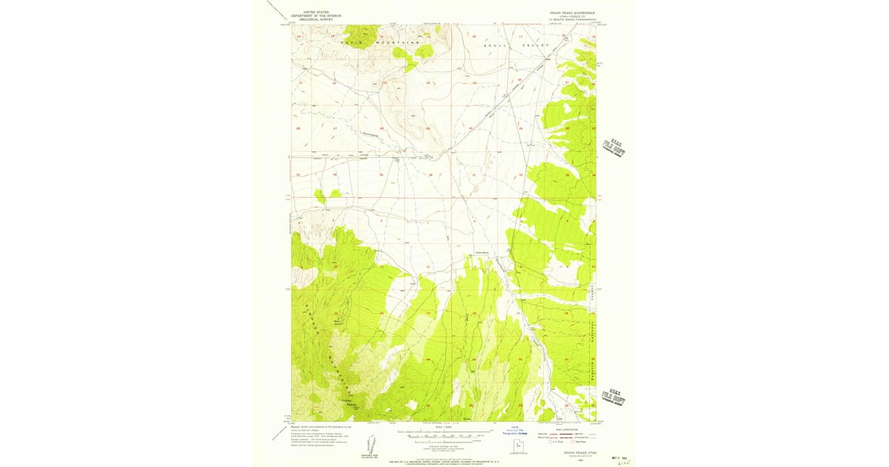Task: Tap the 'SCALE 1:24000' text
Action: pyautogui.click(x=442, y=428)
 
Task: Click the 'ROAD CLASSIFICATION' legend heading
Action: pyautogui.click(x=565, y=428)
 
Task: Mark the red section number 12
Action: pyautogui.click(x=427, y=265)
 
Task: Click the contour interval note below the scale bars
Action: pyautogui.click(x=442, y=443)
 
